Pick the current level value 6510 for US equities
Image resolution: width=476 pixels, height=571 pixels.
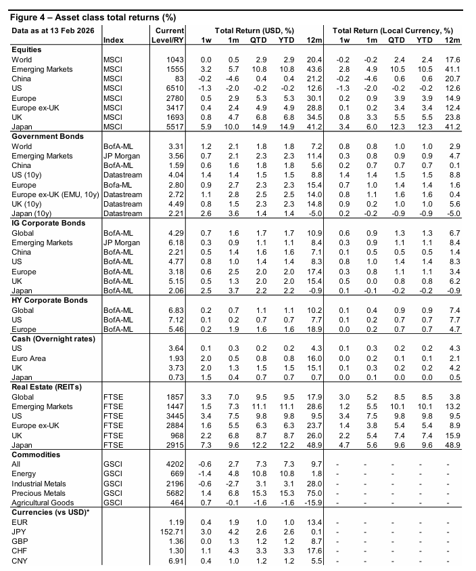tap(174, 89)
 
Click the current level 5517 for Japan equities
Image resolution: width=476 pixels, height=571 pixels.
tap(174, 127)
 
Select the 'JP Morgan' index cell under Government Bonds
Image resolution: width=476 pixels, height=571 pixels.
tap(122, 156)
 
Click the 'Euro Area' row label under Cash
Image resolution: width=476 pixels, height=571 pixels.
tap(30, 357)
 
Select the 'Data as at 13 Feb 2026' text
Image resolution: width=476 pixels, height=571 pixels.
tap(51, 30)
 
